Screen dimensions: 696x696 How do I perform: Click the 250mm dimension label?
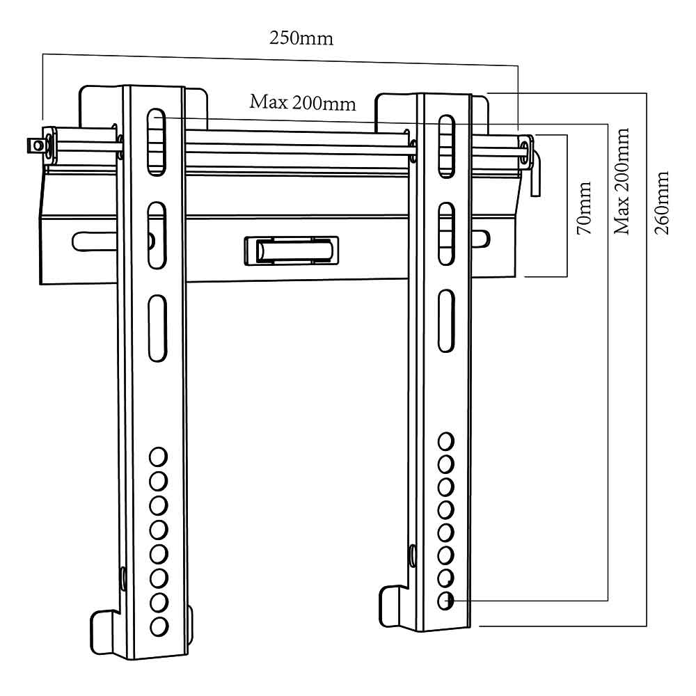point(301,38)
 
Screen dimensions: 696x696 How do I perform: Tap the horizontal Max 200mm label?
point(303,103)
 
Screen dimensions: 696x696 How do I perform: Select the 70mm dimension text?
point(584,207)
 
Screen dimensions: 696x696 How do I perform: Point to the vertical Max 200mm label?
point(622,181)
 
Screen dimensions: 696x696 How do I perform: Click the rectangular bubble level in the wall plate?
point(292,251)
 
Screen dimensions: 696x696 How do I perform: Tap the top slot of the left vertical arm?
point(156,141)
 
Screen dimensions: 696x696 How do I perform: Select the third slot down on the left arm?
point(157,328)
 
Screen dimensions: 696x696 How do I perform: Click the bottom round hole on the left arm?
point(159,627)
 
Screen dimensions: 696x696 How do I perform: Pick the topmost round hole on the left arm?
point(158,457)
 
